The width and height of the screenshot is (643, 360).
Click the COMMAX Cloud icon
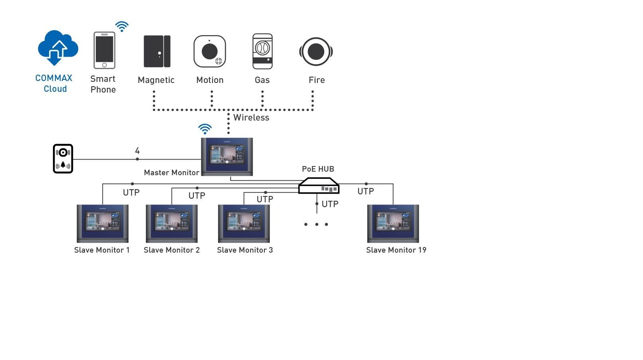(x=57, y=47)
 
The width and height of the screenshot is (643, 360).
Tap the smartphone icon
(x=104, y=50)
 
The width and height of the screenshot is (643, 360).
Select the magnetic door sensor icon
(x=157, y=51)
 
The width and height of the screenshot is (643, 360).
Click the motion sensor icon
(x=209, y=51)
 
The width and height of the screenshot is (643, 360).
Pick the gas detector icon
(x=262, y=51)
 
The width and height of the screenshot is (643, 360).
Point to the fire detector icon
(x=316, y=51)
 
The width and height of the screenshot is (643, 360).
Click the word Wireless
(x=251, y=118)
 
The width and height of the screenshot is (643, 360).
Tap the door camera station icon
(x=63, y=159)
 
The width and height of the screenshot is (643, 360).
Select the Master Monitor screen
(x=227, y=156)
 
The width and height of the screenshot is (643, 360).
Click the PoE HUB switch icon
(x=319, y=186)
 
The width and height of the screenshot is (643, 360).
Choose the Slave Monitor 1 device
(x=103, y=224)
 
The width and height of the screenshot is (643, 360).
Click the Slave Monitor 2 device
(x=172, y=224)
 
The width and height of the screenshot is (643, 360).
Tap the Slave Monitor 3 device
(x=244, y=224)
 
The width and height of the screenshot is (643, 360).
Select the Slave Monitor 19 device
(x=393, y=224)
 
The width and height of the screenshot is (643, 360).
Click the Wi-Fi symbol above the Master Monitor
(x=205, y=129)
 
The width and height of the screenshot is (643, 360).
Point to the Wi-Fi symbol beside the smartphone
(x=122, y=27)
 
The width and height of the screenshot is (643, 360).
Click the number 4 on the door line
(x=137, y=151)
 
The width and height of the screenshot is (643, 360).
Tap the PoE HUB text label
(x=318, y=169)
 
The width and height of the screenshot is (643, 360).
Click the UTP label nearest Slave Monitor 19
(x=365, y=192)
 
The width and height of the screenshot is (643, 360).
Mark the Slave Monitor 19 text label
(x=396, y=250)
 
